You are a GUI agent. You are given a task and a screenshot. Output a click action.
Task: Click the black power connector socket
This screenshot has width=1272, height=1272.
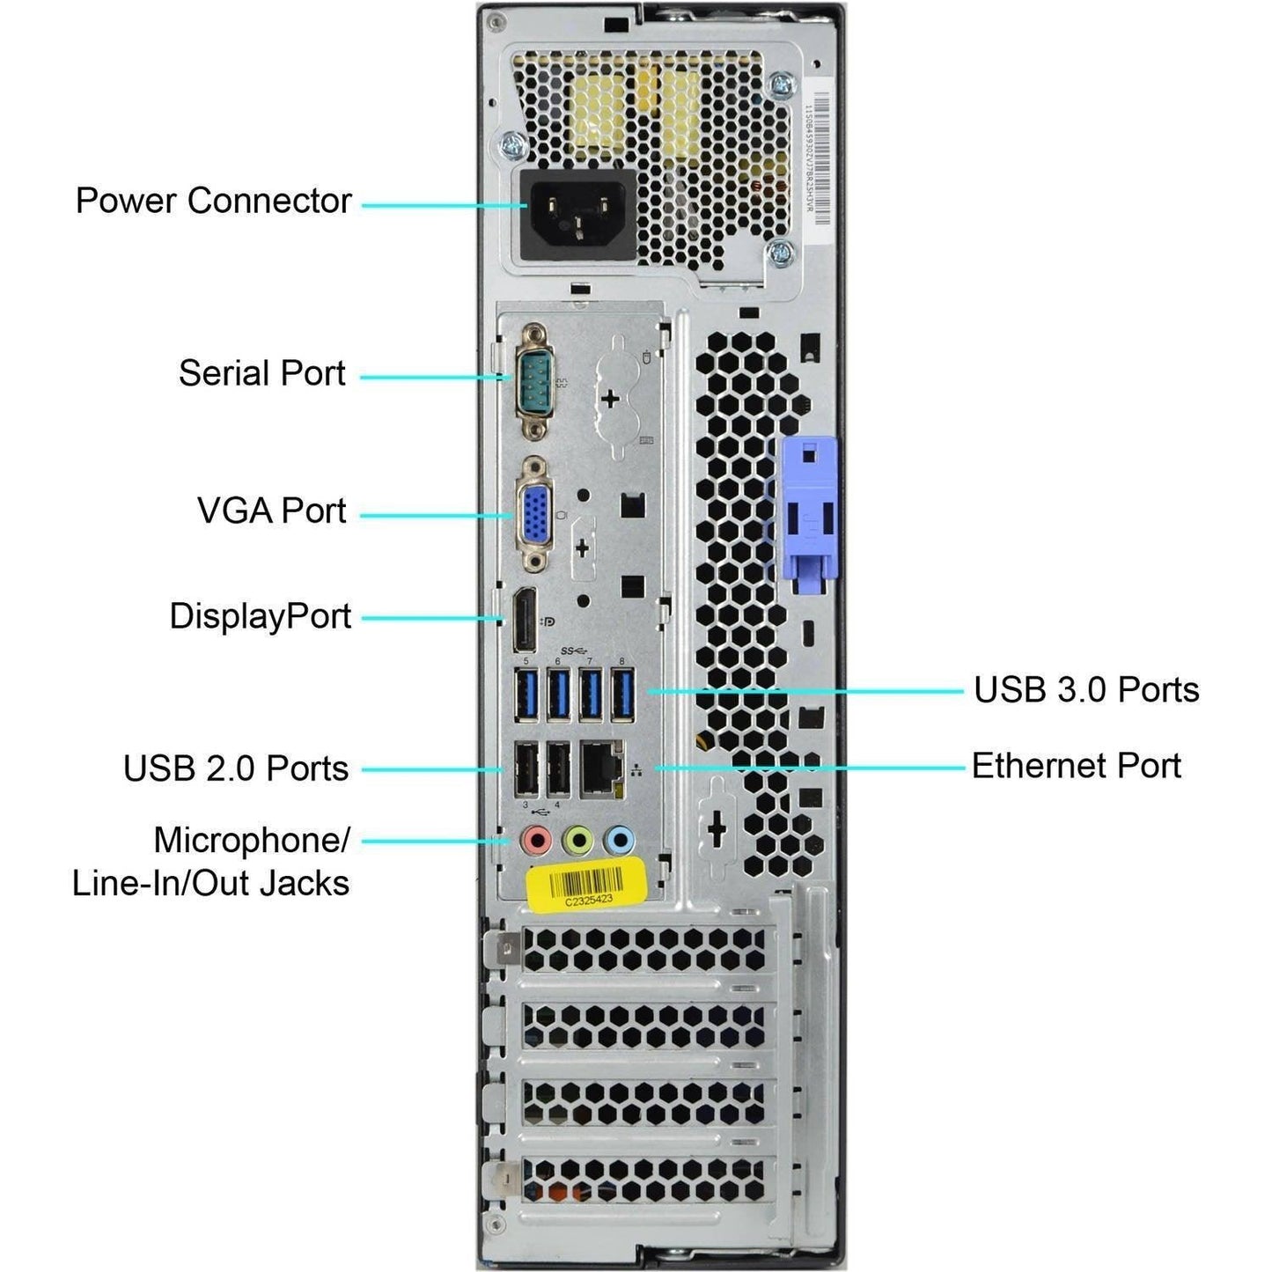pyautogui.click(x=578, y=215)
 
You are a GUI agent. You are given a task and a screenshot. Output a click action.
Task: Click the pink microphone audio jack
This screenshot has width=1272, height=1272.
pyautogui.click(x=535, y=841)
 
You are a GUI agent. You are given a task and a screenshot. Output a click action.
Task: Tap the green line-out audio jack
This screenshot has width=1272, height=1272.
pyautogui.click(x=577, y=841)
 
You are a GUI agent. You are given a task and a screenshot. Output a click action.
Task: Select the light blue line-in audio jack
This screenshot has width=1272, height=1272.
pyautogui.click(x=620, y=841)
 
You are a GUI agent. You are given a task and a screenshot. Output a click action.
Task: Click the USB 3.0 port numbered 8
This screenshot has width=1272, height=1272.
pyautogui.click(x=622, y=695)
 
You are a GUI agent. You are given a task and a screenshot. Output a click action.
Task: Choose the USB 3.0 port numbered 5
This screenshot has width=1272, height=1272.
pyautogui.click(x=526, y=695)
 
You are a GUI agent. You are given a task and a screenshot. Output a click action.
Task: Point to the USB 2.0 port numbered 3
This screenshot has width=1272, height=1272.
pyautogui.click(x=526, y=769)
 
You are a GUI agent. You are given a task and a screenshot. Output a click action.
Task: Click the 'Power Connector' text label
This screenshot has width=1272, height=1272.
pyautogui.click(x=213, y=201)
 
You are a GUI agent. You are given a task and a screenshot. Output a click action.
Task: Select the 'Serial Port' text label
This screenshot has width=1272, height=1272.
pyautogui.click(x=261, y=373)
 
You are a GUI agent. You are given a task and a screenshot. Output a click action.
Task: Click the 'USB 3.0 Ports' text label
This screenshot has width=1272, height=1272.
pyautogui.click(x=1085, y=690)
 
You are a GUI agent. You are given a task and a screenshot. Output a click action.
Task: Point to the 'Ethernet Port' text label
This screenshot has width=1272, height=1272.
pyautogui.click(x=1076, y=766)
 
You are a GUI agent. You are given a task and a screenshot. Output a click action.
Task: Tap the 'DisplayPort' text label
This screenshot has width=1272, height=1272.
pyautogui.click(x=260, y=616)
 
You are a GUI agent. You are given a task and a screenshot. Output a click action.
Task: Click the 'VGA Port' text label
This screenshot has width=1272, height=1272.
pyautogui.click(x=271, y=511)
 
